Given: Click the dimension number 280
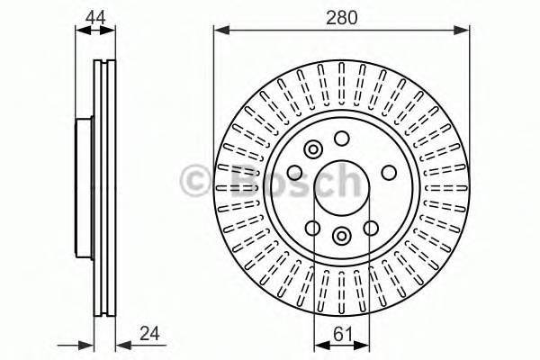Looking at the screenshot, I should [x=341, y=16].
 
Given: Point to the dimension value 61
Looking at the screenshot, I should [x=341, y=332].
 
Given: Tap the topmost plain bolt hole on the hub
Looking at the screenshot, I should [x=342, y=138].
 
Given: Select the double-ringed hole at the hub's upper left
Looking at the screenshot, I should [x=312, y=149].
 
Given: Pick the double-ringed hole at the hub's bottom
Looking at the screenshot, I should [x=342, y=235].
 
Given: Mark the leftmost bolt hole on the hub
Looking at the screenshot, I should [x=294, y=173].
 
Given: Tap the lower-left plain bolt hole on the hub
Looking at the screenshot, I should [x=312, y=228].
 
